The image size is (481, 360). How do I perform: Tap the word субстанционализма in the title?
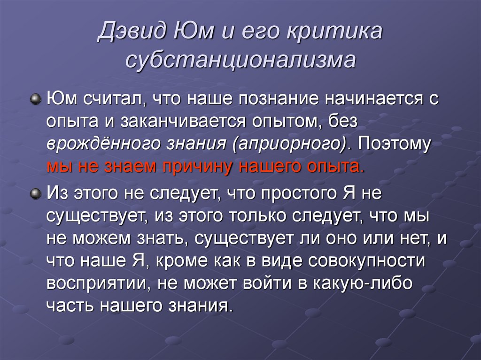pyautogui.click(x=240, y=61)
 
